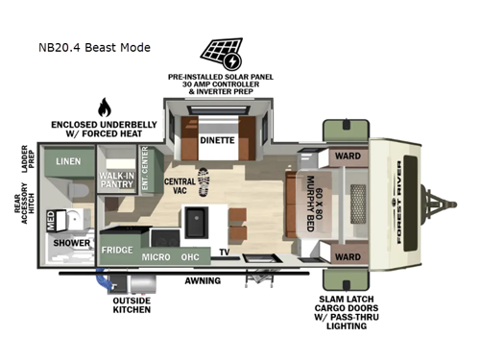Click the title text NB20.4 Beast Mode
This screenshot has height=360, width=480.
point(94,47)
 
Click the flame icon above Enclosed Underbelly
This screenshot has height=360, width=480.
point(104,107)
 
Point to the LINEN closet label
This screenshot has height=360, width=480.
point(67,162)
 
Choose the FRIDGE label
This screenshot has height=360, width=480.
point(117,251)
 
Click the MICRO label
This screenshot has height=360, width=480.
point(157,256)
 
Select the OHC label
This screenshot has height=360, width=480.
point(192,256)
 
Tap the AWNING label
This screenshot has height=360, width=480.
point(203,281)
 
